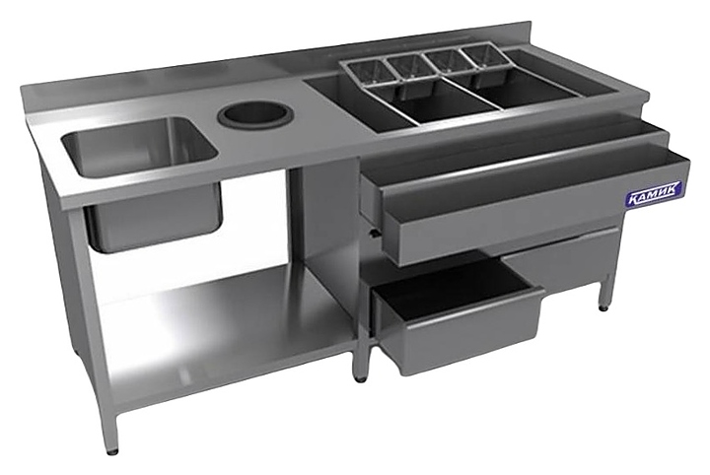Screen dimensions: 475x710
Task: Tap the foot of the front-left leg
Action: pyautogui.click(x=111, y=449)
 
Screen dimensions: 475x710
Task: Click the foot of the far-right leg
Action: pyautogui.click(x=602, y=305)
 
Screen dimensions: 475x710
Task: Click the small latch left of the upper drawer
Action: pyautogui.click(x=373, y=232)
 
